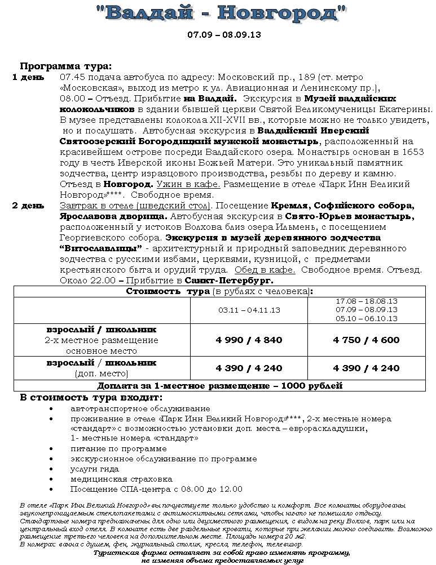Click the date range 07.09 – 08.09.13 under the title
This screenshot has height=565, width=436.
224,34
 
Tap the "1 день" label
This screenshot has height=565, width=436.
28,77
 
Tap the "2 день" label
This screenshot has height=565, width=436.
28,206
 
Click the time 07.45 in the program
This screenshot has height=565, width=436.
72,77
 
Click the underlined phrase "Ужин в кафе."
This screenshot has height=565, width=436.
188,184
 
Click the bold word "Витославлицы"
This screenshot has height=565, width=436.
101,248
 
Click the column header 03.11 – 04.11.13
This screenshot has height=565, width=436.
249,310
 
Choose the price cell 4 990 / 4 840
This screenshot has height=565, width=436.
249,340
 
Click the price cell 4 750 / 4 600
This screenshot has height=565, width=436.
366,340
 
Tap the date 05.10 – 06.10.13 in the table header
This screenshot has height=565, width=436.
366,318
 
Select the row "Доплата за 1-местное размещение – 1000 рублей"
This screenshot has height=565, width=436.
220,386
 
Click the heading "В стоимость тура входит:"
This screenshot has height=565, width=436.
91,397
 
